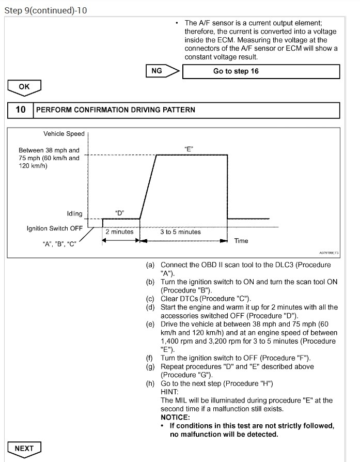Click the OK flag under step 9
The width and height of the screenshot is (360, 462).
click(24, 87)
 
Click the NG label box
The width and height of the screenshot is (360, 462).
click(160, 71)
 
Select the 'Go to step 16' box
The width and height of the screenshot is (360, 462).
click(261, 71)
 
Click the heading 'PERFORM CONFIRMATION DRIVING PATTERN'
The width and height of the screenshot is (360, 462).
click(115, 110)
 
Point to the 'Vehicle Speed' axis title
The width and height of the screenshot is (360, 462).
click(64, 134)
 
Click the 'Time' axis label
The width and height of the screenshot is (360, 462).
click(241, 241)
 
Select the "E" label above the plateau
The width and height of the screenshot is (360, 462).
click(189, 148)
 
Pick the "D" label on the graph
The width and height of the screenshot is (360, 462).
click(119, 213)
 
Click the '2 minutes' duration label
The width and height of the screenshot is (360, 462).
click(119, 232)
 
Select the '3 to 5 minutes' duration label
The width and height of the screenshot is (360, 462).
click(180, 232)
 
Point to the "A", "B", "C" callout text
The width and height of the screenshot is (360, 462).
click(59, 245)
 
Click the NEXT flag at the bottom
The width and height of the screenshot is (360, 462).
click(24, 448)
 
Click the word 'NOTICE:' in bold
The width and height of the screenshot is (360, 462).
click(176, 417)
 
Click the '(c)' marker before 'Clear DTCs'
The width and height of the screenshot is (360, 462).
click(150, 299)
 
